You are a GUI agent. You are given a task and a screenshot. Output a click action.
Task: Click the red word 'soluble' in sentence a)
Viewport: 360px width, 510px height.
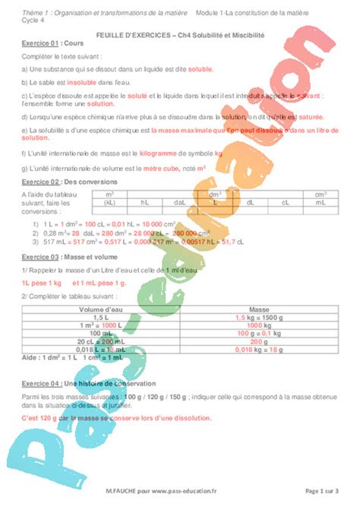coord(201,68)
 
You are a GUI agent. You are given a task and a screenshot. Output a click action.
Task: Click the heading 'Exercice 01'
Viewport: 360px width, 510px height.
coord(39,44)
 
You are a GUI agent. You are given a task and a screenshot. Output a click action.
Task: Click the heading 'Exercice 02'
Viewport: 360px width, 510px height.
coord(39,182)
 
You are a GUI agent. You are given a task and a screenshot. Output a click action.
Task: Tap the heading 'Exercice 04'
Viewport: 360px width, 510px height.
coord(39,383)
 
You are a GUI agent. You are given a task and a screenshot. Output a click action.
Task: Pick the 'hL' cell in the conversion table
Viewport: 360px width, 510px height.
coord(145,203)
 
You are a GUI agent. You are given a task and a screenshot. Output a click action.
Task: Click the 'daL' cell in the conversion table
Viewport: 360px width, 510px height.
coord(180,203)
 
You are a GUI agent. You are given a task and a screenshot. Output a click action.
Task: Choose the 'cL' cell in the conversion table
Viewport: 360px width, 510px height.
coord(285,203)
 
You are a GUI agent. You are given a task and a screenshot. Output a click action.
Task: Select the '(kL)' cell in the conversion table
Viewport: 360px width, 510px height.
coord(110,203)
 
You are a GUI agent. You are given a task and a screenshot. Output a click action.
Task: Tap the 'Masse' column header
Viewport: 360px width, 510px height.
coord(259,310)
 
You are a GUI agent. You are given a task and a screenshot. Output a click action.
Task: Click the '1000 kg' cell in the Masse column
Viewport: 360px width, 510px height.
coord(259,325)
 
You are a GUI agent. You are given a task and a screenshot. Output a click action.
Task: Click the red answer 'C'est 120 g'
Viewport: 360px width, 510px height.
coord(41,418)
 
